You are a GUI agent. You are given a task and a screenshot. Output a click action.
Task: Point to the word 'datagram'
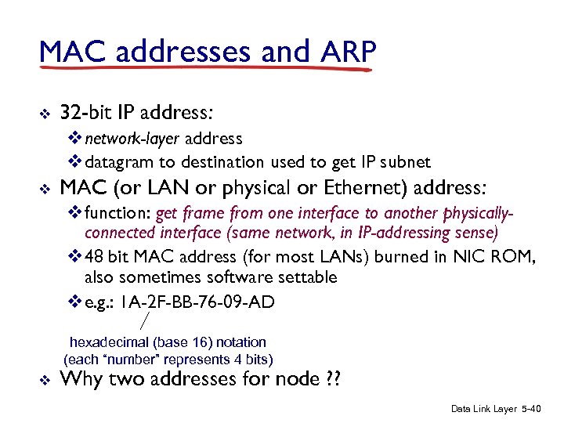[x=120, y=162]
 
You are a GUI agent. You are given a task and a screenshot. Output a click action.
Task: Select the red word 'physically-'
[x=477, y=214]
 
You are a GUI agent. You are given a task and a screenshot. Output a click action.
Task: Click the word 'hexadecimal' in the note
[x=109, y=342]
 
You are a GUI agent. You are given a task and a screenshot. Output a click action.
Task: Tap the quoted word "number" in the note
[x=128, y=360]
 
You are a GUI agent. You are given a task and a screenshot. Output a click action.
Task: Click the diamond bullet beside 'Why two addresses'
[x=44, y=381]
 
